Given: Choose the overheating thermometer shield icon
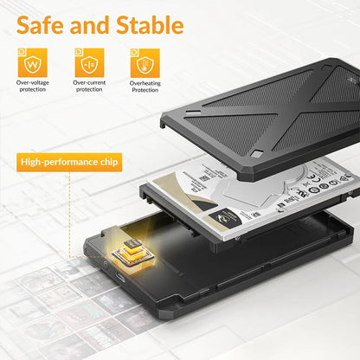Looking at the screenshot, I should point(145,63).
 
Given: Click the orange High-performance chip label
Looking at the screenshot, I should point(70,162).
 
